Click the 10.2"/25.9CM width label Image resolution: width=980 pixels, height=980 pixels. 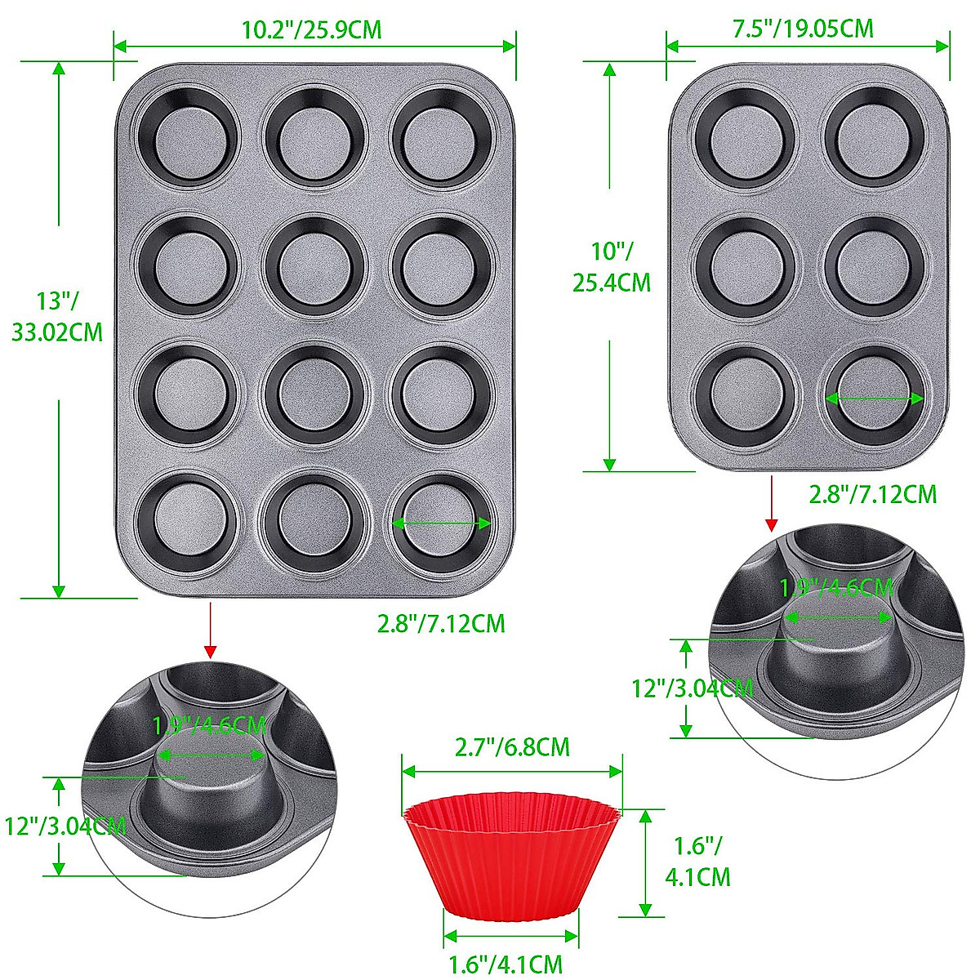coord(312,30)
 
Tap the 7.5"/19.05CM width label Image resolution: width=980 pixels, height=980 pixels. coord(803,29)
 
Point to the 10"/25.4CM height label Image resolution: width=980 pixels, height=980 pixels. coord(612,268)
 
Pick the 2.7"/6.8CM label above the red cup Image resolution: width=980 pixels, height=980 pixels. coord(512,746)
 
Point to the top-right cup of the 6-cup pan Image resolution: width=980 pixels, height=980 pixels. coord(875,136)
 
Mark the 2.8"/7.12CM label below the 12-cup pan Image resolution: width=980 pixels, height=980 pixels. coord(441,624)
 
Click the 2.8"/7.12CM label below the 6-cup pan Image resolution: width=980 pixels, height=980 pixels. coord(872,494)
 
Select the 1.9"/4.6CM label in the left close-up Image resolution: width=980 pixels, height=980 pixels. coord(210,725)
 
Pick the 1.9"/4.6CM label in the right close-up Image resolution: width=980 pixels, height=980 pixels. coord(836,587)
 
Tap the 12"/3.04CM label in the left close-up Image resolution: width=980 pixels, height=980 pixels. coord(64,825)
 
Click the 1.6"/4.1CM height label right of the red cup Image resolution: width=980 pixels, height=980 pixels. coord(698,861)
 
